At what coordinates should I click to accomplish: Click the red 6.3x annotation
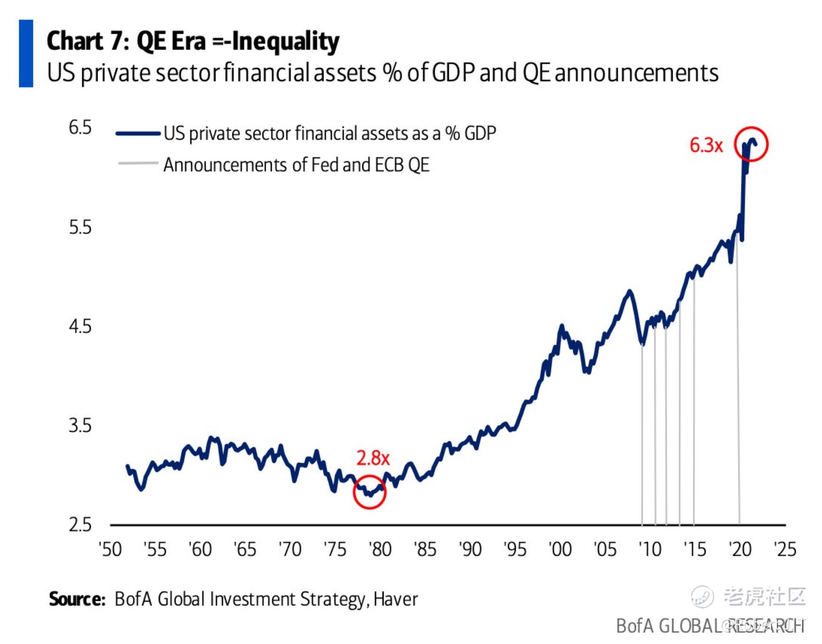pyautogui.click(x=706, y=146)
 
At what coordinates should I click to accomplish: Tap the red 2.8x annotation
pyautogui.click(x=373, y=458)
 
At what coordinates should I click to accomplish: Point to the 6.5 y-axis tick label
pyautogui.click(x=80, y=128)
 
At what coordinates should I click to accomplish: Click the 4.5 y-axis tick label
pyautogui.click(x=80, y=326)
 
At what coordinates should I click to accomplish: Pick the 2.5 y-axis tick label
pyautogui.click(x=80, y=525)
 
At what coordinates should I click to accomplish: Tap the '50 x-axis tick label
pyautogui.click(x=110, y=549)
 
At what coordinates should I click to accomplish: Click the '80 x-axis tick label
pyautogui.click(x=380, y=549)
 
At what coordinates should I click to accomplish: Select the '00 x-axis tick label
pyautogui.click(x=560, y=549)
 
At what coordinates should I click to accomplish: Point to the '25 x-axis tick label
pyautogui.click(x=785, y=549)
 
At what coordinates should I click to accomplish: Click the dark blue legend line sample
pyautogui.click(x=138, y=133)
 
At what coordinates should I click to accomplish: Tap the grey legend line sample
pyautogui.click(x=138, y=163)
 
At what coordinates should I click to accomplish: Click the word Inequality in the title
pyautogui.click(x=285, y=41)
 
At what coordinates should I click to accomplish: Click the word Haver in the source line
pyautogui.click(x=396, y=599)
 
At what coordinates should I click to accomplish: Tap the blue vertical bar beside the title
pyautogui.click(x=26, y=54)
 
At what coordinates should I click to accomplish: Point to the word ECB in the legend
pyautogui.click(x=389, y=165)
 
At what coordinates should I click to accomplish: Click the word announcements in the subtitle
pyautogui.click(x=636, y=73)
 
